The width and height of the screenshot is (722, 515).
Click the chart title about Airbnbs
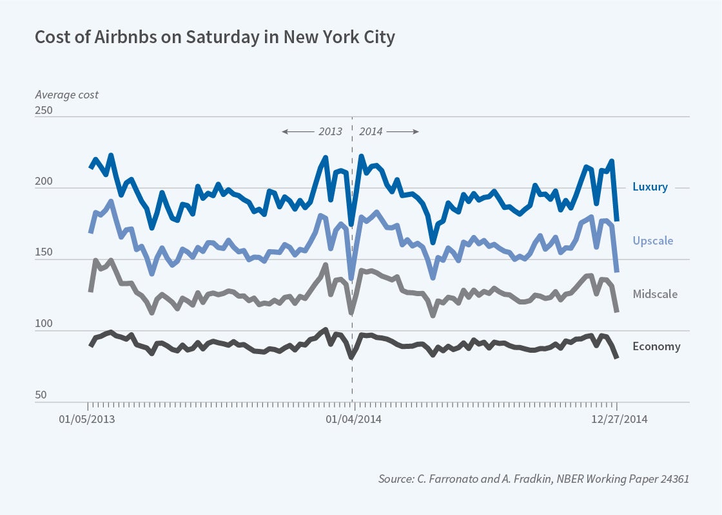[214, 37]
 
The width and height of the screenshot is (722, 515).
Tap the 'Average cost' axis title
[66, 95]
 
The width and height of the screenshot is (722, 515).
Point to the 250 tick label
[44, 110]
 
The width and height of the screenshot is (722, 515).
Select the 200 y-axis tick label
[44, 182]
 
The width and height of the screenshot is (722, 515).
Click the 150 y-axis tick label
[44, 253]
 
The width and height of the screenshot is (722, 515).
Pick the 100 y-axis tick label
[44, 324]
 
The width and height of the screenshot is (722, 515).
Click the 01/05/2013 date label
[88, 419]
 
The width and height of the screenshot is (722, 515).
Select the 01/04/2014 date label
[353, 419]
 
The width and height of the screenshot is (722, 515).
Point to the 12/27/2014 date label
[618, 419]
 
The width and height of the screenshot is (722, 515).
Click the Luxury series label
[650, 187]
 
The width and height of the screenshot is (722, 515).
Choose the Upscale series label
[652, 241]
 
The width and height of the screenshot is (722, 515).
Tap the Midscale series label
[655, 294]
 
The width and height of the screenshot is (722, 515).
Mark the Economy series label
[656, 346]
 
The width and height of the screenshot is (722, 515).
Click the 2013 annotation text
[331, 131]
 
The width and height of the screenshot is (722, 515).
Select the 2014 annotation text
[371, 131]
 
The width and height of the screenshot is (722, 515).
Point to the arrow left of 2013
[297, 131]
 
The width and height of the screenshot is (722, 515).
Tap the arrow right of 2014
[404, 131]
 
